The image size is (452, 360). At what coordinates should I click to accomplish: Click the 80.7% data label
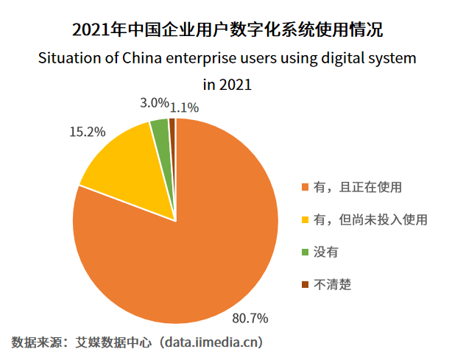point(250,319)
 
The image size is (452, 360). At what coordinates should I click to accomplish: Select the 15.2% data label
point(88,132)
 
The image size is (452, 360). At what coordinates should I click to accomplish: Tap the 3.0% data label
point(155,103)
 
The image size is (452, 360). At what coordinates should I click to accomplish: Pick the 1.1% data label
point(184,107)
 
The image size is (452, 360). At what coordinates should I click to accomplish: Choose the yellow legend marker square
point(305,220)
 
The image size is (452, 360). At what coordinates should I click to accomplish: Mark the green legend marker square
point(305,253)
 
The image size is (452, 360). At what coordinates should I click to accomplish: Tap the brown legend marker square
point(305,285)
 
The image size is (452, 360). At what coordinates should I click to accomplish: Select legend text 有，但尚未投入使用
point(370,220)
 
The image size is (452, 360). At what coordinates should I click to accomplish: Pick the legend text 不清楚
point(333,285)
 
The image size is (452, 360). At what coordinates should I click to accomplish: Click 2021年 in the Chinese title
point(99,31)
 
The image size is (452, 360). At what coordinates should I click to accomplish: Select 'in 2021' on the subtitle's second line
point(227,84)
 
